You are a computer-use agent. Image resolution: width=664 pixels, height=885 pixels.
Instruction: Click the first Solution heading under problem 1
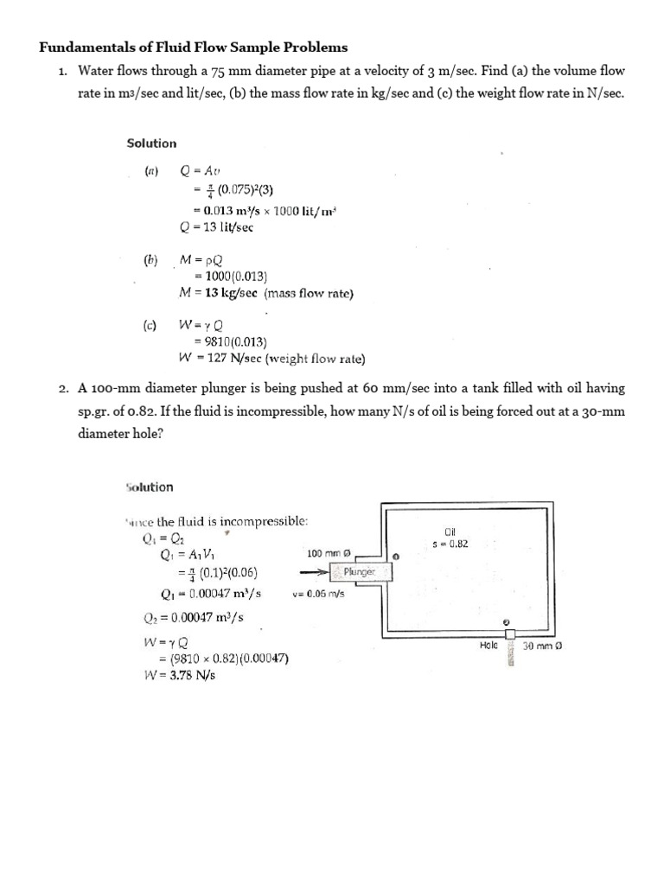tap(151, 143)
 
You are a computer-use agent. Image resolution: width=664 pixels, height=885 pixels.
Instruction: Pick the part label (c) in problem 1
tap(150, 326)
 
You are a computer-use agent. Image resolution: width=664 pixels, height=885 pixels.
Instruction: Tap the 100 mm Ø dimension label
tap(329, 552)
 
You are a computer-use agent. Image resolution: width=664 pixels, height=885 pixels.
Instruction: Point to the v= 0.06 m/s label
tap(319, 594)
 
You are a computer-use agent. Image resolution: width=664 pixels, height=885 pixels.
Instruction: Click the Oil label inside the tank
tap(450, 532)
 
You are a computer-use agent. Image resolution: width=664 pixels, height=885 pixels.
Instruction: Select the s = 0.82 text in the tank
tap(450, 544)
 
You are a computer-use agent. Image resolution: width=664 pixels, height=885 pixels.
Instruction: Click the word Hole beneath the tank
tap(488, 645)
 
